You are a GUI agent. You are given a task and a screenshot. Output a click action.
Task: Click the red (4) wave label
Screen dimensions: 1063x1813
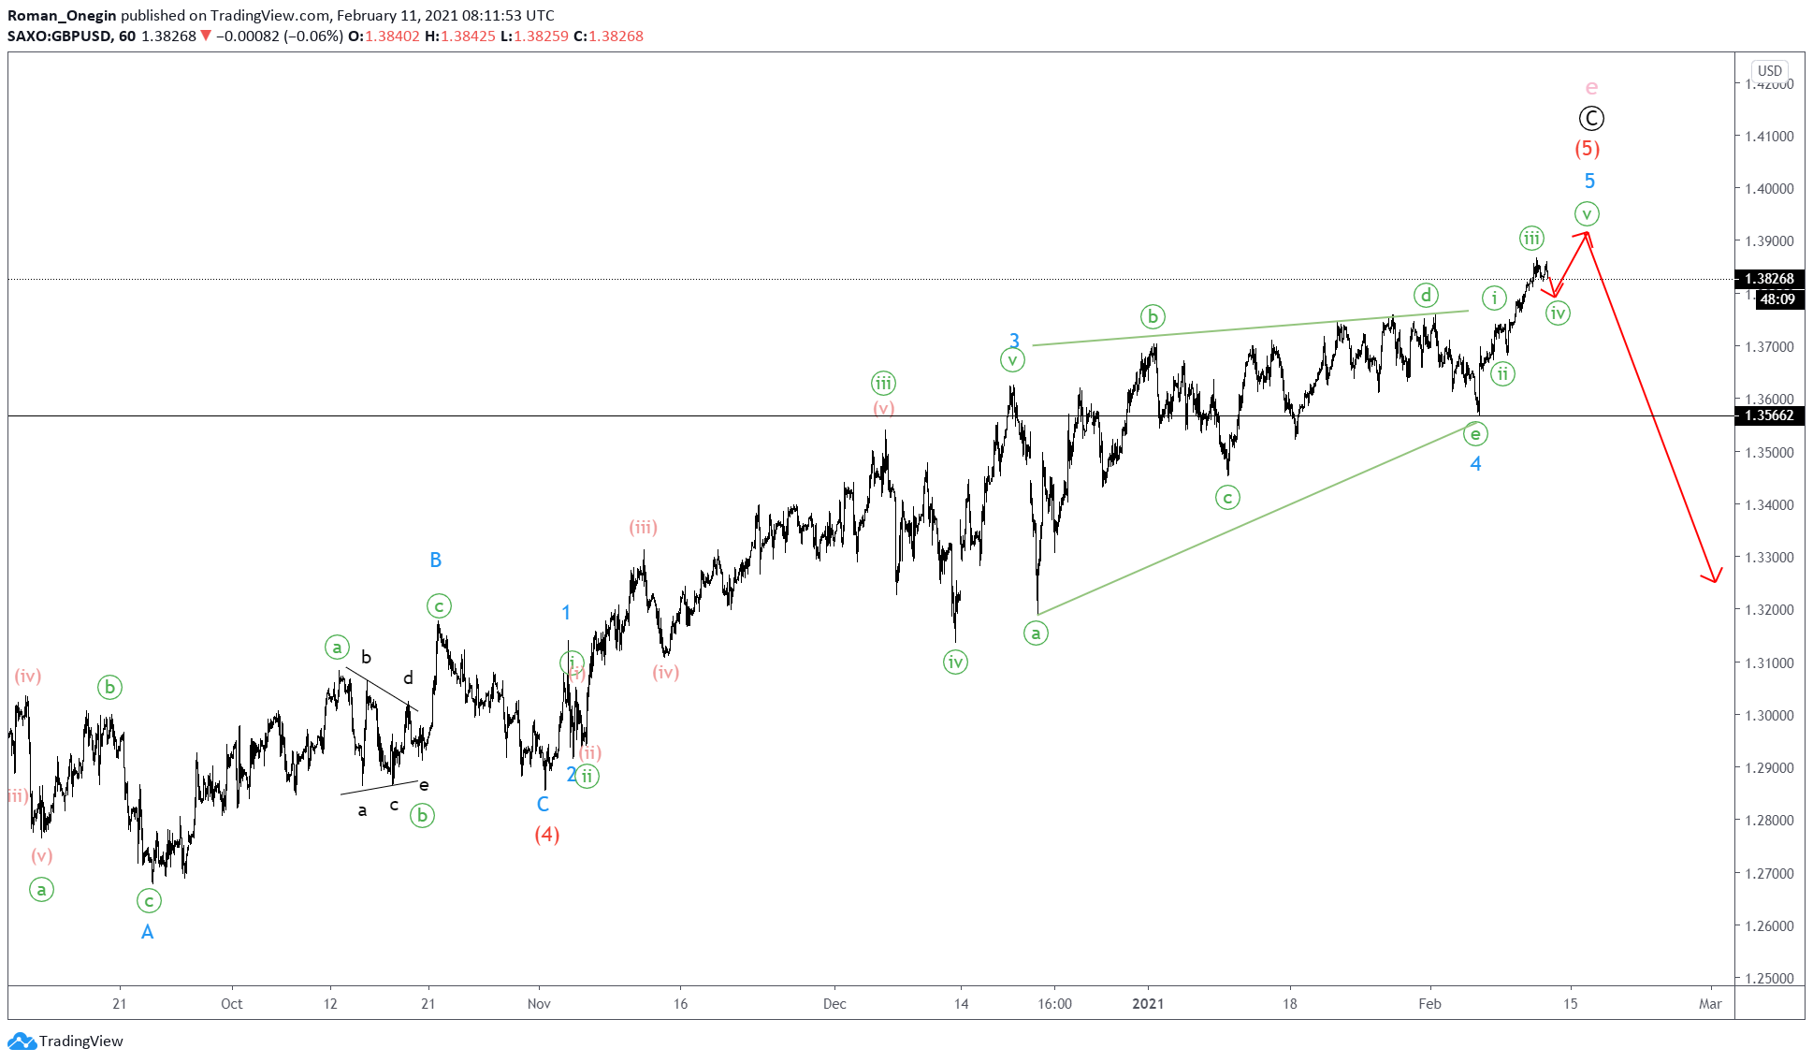547,835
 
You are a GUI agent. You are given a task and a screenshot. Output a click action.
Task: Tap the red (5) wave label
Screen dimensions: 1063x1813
1587,149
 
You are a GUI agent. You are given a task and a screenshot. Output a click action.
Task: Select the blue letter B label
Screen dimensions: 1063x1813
435,560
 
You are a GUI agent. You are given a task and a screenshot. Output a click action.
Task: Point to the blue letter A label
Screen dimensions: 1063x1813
147,932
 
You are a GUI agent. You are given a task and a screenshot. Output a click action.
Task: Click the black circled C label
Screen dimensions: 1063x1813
1591,119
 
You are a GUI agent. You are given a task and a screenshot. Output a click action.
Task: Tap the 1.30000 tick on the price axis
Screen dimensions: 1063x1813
1769,715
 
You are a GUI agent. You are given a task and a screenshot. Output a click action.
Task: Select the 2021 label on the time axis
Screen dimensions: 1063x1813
1148,1004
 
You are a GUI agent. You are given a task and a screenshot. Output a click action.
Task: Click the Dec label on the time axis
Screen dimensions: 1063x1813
834,1004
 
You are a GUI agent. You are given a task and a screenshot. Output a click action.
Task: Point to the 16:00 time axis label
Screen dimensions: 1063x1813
1054,1004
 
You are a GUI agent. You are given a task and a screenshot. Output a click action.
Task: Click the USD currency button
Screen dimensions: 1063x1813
1769,71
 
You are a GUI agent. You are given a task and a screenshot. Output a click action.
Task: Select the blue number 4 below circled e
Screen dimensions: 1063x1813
1475,464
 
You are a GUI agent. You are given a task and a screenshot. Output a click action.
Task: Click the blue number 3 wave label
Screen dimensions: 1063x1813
1014,342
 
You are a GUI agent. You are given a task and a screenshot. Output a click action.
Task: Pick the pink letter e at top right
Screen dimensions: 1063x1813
1591,88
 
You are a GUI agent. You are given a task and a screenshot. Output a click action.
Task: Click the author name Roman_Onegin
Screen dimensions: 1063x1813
62,16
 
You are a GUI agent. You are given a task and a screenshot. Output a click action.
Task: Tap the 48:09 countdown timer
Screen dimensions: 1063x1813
1777,299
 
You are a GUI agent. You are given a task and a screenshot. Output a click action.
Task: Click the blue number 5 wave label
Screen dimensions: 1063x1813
1589,182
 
